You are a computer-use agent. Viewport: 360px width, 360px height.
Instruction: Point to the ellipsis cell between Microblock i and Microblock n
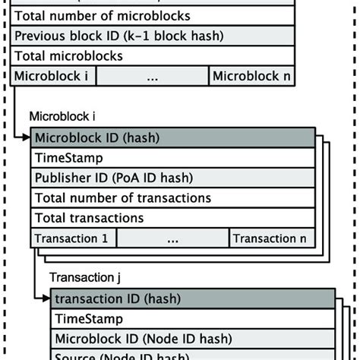click(153, 75)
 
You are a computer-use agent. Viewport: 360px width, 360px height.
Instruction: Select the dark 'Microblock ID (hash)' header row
click(173, 137)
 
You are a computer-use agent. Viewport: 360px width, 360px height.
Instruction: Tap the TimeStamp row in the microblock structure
click(173, 158)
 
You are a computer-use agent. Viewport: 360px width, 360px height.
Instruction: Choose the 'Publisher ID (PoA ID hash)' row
click(173, 178)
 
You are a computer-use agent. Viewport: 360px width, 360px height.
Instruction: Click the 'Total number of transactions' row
click(173, 198)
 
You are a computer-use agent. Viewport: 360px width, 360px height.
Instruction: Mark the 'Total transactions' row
click(173, 218)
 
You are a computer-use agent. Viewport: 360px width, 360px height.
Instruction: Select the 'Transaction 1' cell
click(73, 238)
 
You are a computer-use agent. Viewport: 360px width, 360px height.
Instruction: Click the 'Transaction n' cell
click(272, 238)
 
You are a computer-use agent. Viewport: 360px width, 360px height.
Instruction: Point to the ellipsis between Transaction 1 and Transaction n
click(172, 238)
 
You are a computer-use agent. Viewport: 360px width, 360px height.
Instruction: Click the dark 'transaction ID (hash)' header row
click(193, 299)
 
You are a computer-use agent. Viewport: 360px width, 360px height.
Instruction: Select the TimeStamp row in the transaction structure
click(193, 319)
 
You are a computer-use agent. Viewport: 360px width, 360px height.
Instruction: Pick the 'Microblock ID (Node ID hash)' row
click(193, 339)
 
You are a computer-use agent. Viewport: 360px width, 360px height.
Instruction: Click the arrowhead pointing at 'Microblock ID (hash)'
click(27, 137)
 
